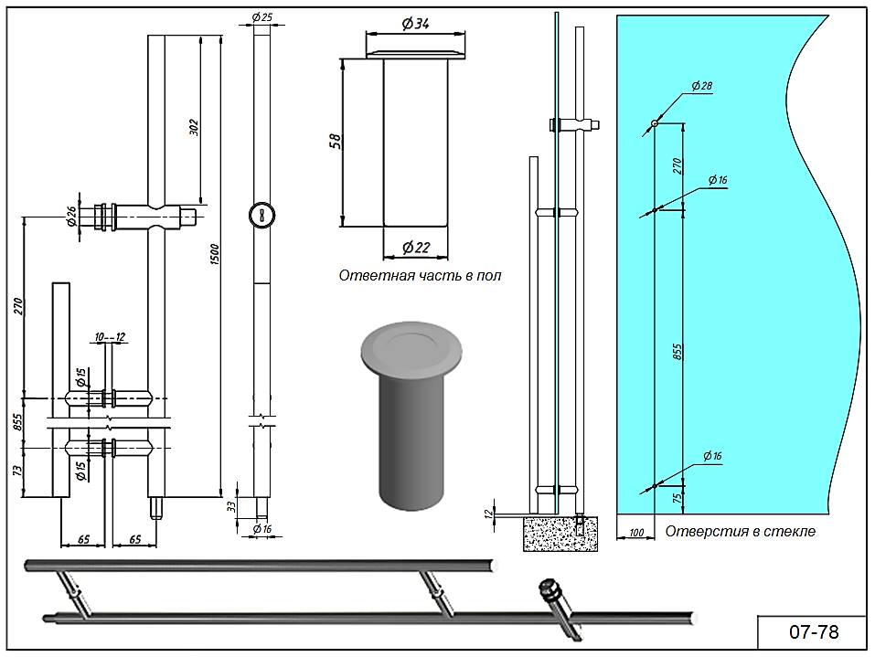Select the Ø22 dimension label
(416, 247)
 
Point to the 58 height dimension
(336, 142)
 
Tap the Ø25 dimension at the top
(261, 17)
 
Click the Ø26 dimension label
(70, 217)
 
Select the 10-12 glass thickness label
(109, 338)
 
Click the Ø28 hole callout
(701, 86)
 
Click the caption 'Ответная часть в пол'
(420, 275)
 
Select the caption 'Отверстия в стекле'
(739, 531)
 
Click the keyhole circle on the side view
(261, 216)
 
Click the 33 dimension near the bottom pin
(231, 505)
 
